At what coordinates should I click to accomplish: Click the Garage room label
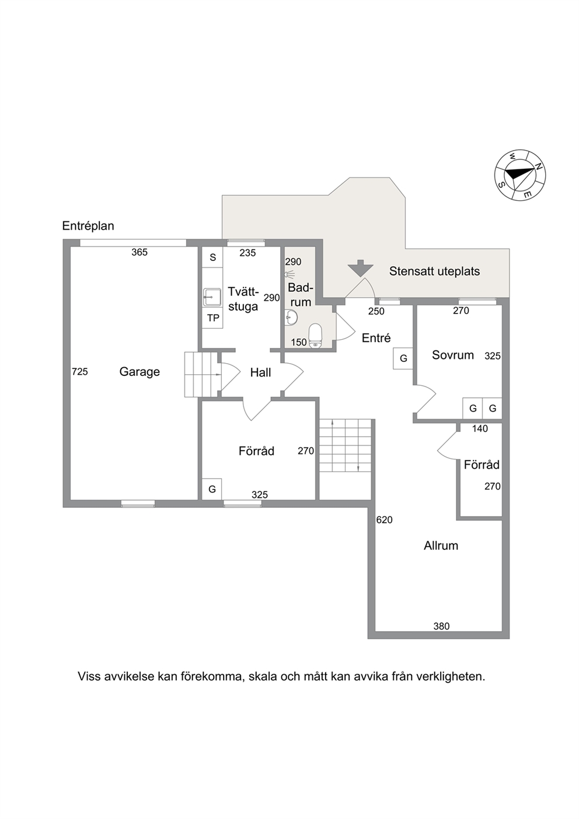(x=139, y=372)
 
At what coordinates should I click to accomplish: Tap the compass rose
(x=520, y=175)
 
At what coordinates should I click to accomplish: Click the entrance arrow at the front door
(x=360, y=267)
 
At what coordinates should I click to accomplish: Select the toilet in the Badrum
(x=315, y=335)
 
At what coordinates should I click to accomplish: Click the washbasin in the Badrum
(x=291, y=318)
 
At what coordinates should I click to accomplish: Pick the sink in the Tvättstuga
(x=212, y=297)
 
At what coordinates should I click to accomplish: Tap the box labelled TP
(x=212, y=319)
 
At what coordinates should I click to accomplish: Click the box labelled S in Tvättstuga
(x=212, y=257)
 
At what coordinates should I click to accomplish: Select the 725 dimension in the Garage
(x=80, y=372)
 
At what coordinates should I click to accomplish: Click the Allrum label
(x=441, y=545)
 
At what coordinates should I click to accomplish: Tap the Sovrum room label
(x=453, y=355)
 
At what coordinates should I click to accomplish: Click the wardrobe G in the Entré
(x=403, y=358)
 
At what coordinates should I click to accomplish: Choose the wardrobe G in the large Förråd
(x=212, y=489)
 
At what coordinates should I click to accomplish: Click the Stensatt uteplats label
(x=434, y=271)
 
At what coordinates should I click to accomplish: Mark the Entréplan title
(x=88, y=226)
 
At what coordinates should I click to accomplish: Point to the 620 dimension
(x=385, y=520)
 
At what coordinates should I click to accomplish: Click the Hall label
(x=261, y=372)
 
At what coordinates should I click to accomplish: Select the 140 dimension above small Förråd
(x=480, y=428)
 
